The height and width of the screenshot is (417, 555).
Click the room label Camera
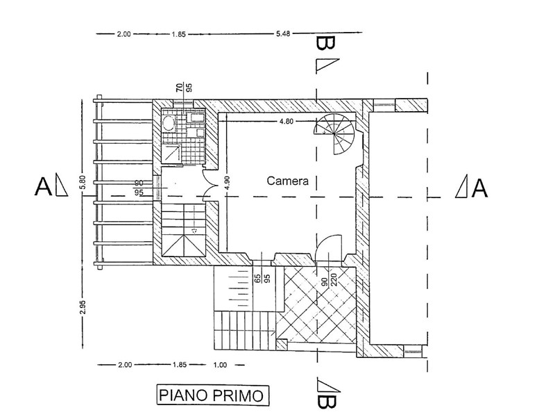click(287, 181)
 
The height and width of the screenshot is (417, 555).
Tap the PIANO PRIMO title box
click(213, 395)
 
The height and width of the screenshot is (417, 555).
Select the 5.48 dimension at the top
click(283, 33)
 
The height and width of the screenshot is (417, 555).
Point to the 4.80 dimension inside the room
click(287, 121)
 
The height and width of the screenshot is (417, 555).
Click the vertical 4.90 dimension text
click(227, 183)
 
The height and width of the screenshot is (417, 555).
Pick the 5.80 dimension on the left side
click(83, 183)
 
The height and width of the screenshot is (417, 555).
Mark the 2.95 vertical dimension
click(83, 307)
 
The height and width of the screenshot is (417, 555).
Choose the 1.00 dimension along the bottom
click(220, 365)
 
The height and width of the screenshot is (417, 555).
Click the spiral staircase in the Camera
click(334, 134)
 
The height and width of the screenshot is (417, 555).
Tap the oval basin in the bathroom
click(169, 123)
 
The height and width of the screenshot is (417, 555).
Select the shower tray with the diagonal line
click(172, 153)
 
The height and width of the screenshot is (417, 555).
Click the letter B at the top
click(325, 43)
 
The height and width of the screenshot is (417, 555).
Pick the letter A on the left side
click(43, 186)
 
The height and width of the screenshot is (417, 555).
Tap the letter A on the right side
click(479, 188)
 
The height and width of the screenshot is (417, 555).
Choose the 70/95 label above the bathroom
click(184, 88)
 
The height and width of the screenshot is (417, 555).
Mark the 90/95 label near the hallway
click(139, 188)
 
